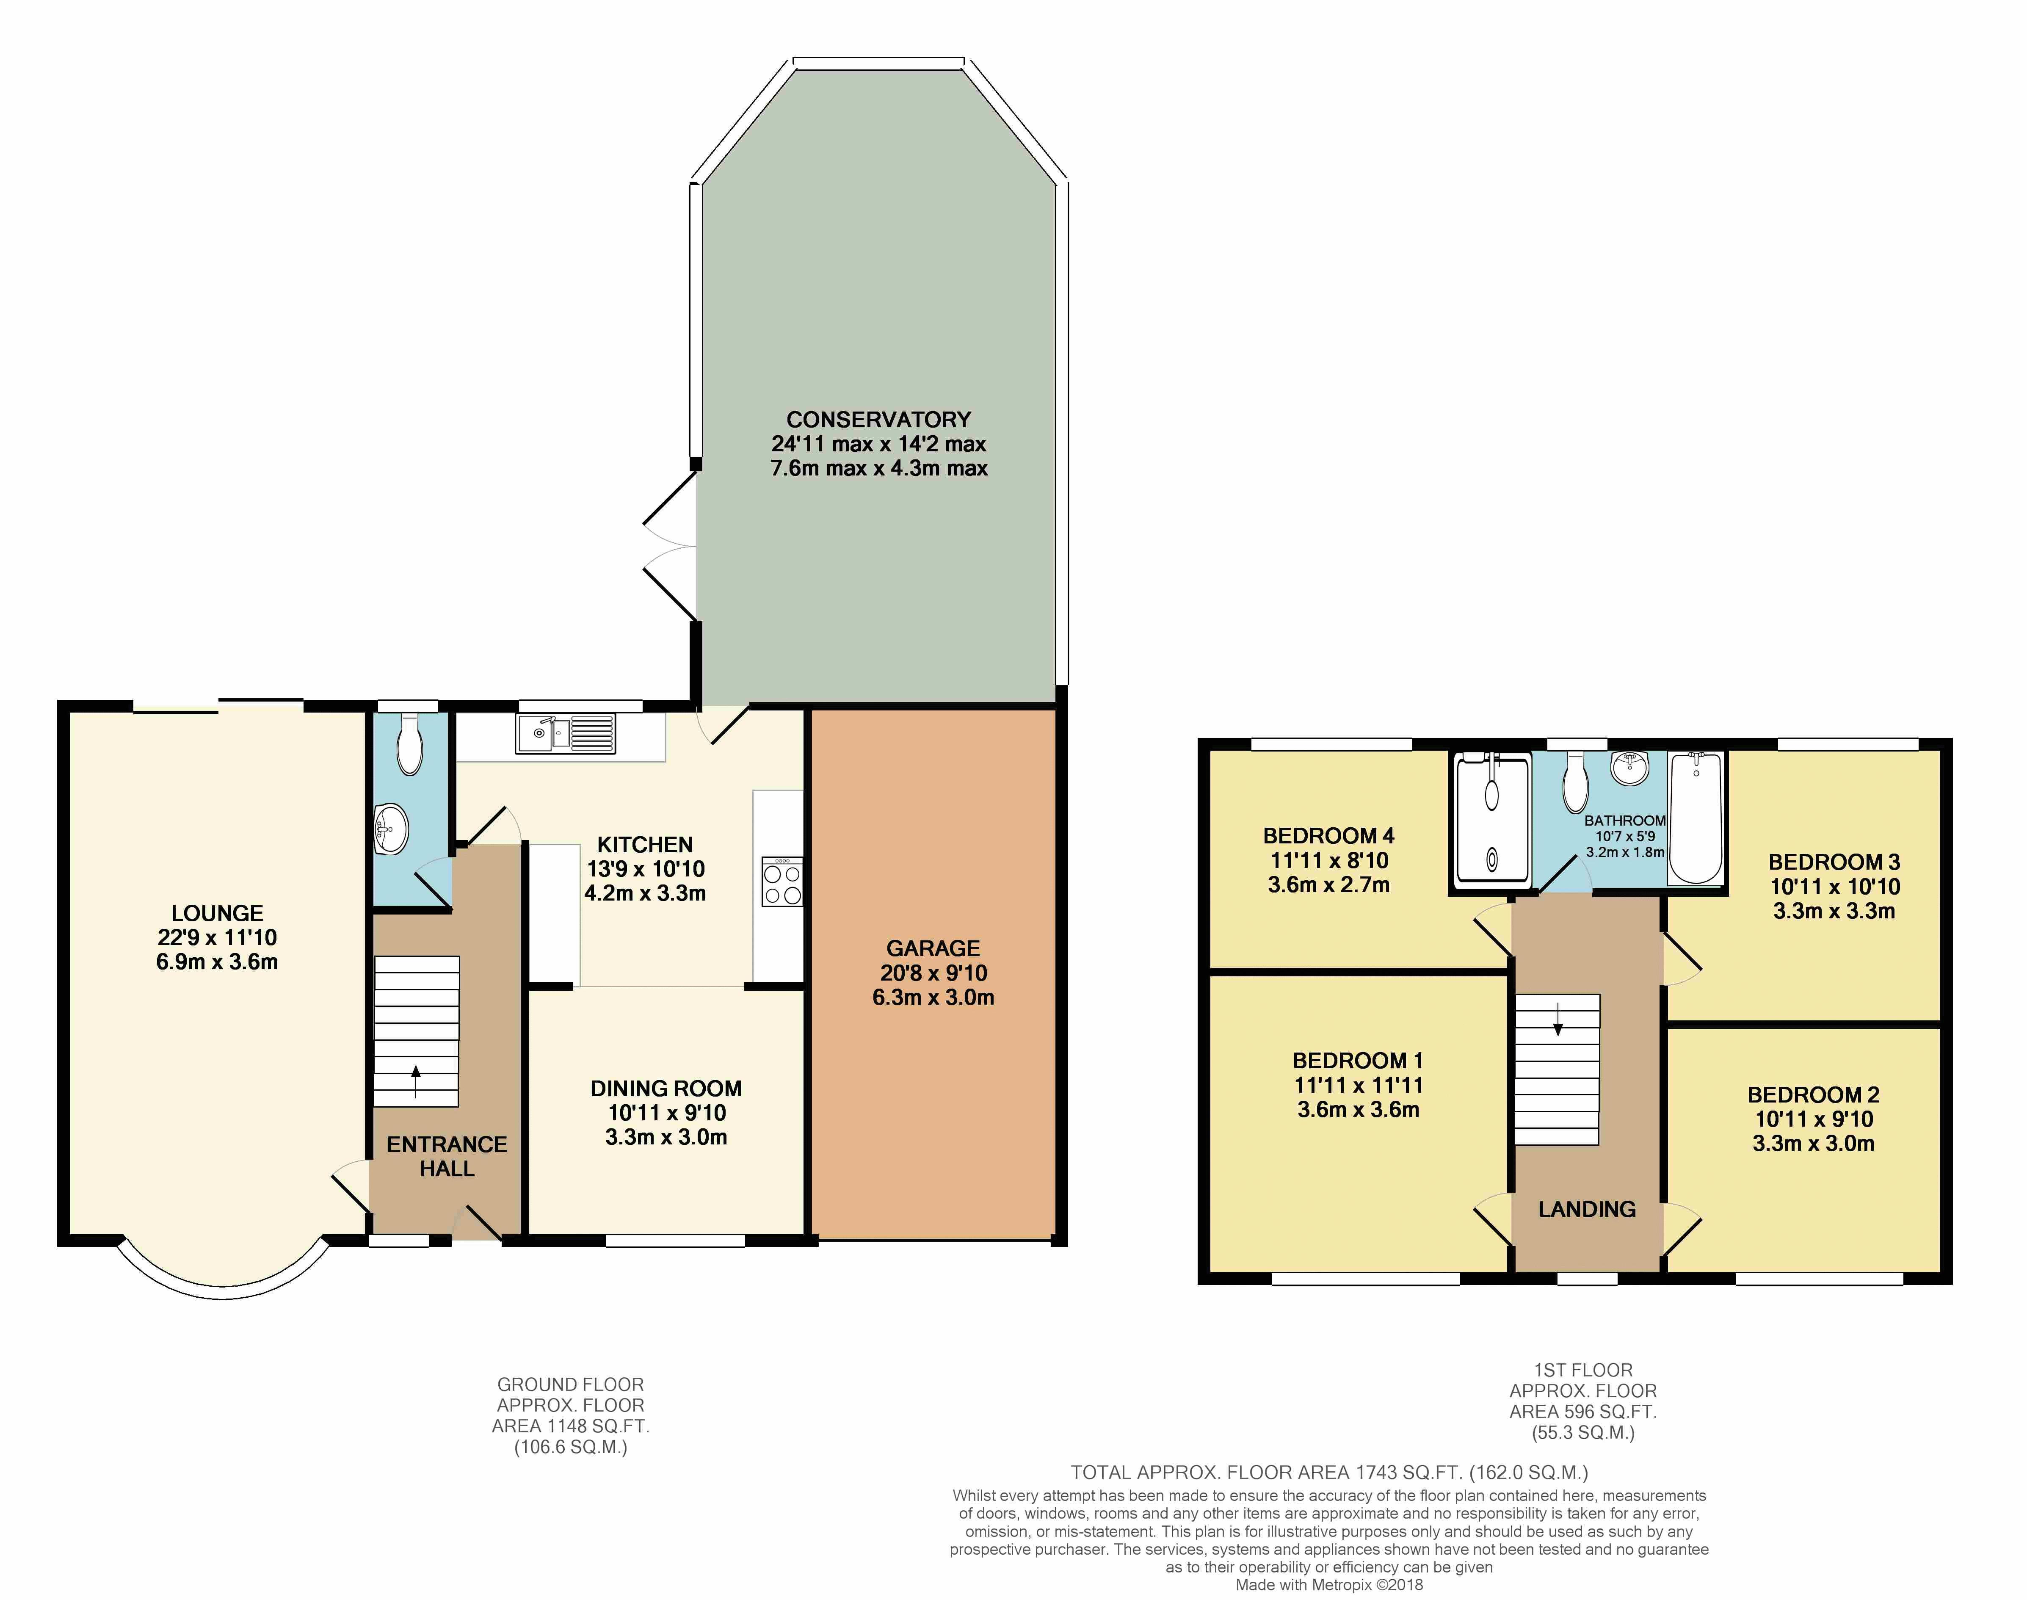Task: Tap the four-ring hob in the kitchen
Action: click(782, 882)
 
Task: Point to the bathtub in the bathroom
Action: click(1696, 819)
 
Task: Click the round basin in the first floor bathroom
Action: click(1631, 768)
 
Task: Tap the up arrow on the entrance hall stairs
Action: click(416, 1081)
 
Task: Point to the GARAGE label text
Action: click(933, 948)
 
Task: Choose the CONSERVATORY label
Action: click(878, 420)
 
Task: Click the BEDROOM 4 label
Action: click(1328, 836)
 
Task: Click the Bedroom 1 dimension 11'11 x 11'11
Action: click(1358, 1085)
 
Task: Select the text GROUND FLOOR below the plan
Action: click(570, 1384)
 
